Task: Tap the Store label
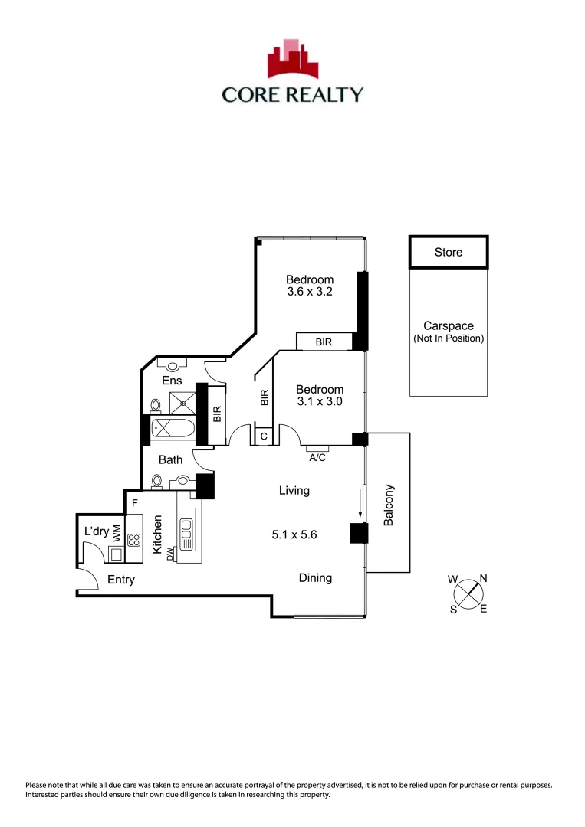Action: pyautogui.click(x=448, y=252)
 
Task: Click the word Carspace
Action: pyautogui.click(x=448, y=325)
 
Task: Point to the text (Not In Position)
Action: pyautogui.click(x=448, y=338)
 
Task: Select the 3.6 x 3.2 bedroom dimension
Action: pyautogui.click(x=310, y=293)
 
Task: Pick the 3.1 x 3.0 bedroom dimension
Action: pyautogui.click(x=320, y=401)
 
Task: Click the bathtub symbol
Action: pyautogui.click(x=172, y=429)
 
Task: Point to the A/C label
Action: pyautogui.click(x=317, y=457)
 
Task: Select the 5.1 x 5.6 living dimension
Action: pyautogui.click(x=294, y=536)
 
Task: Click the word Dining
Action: pyautogui.click(x=315, y=578)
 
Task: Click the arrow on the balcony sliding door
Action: pyautogui.click(x=360, y=502)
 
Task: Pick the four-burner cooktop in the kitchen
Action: pyautogui.click(x=134, y=539)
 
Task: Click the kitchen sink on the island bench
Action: pyautogui.click(x=186, y=528)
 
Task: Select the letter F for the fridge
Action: pyautogui.click(x=134, y=503)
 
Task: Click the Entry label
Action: pyautogui.click(x=120, y=580)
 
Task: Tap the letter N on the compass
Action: pyautogui.click(x=482, y=579)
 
